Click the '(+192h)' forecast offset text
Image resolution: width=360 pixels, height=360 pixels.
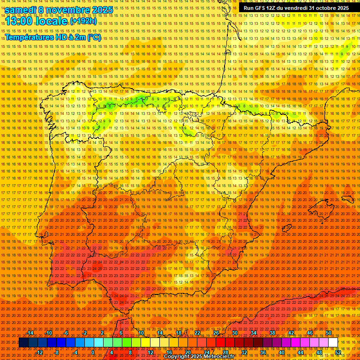[x=83, y=22]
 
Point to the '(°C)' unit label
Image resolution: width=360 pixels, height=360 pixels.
[x=94, y=37]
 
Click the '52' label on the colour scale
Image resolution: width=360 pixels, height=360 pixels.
[x=338, y=352]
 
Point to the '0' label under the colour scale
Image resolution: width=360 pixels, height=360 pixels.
[x=93, y=352]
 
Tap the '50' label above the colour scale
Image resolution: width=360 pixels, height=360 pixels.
[x=329, y=333]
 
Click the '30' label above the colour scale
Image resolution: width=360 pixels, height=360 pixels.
[x=234, y=333]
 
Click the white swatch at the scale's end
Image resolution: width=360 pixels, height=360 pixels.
[x=333, y=343]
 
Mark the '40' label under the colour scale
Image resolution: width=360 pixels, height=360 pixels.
[x=282, y=352]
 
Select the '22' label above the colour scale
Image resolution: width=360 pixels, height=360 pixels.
[x=197, y=333]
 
